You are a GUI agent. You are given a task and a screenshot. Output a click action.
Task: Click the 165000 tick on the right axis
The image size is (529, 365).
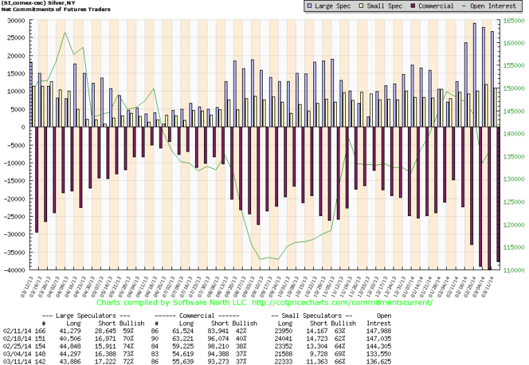(515, 20)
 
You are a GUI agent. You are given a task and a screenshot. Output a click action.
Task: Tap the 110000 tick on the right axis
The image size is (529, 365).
(515, 271)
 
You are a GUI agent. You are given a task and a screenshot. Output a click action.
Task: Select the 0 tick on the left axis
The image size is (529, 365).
(24, 127)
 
